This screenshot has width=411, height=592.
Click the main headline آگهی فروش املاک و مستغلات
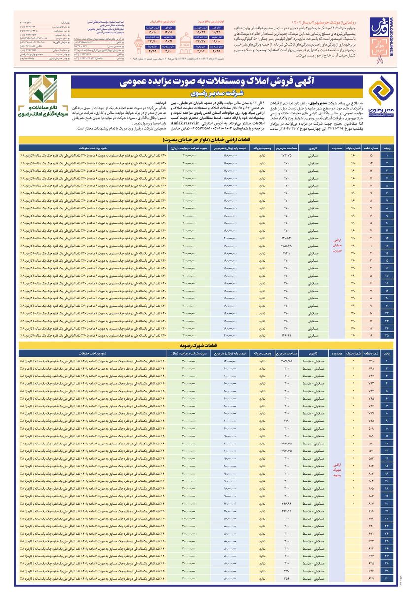point(217,82)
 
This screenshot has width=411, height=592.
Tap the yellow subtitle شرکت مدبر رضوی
point(217,92)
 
